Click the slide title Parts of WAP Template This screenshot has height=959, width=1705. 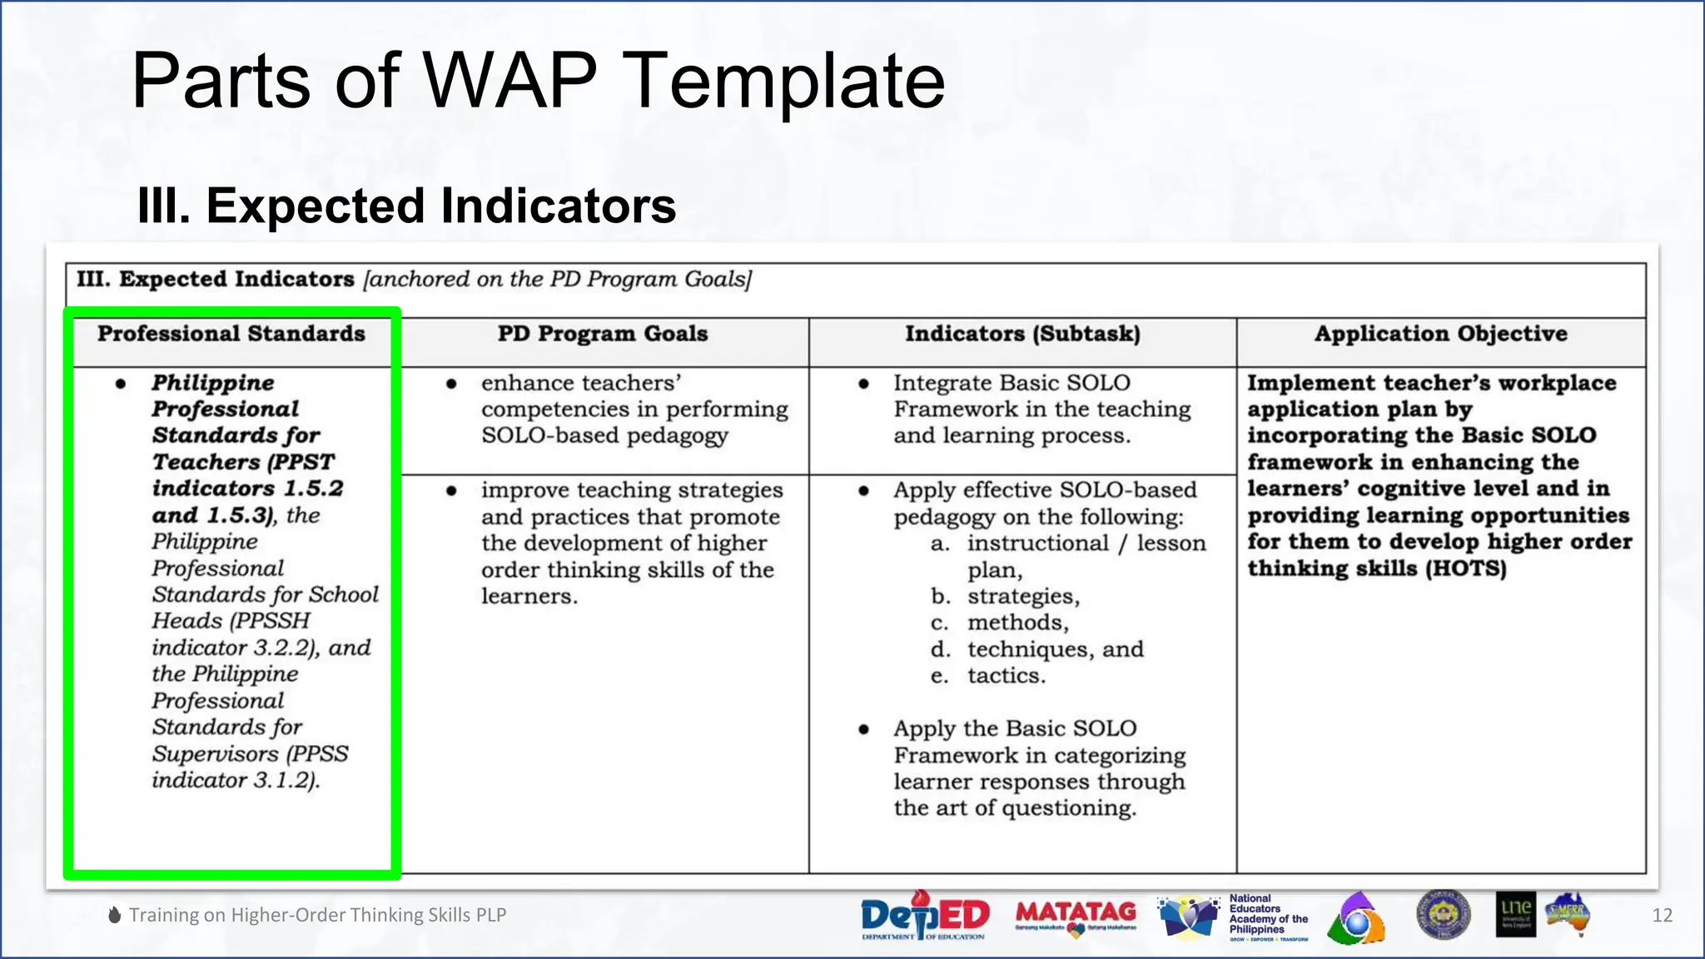[x=538, y=81]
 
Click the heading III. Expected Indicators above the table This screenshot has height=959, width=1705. [x=406, y=206]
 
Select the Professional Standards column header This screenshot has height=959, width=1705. [x=231, y=334]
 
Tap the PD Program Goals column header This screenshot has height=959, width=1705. [x=603, y=334]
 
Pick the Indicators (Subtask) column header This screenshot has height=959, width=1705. [x=1022, y=334]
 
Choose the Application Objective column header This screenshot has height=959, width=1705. [x=1440, y=334]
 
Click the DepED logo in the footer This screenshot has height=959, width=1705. [x=924, y=916]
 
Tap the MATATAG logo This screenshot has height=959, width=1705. [x=1076, y=916]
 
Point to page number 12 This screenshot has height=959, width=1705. [x=1662, y=916]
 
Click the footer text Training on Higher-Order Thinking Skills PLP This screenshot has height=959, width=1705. [x=317, y=915]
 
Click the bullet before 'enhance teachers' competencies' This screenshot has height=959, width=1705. [x=451, y=384]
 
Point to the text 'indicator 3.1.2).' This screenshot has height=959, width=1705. [x=236, y=781]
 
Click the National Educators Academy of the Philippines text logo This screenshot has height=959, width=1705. [x=1268, y=916]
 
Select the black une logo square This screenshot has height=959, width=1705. [x=1515, y=915]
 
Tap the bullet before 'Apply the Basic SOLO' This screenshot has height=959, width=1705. [x=864, y=729]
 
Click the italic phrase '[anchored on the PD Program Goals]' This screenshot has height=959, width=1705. [x=557, y=280]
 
